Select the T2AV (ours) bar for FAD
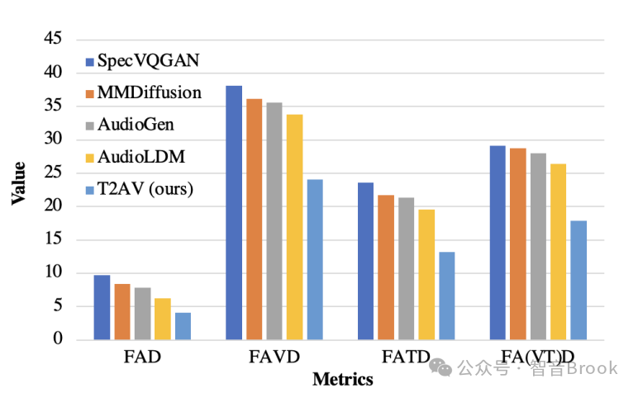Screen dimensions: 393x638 tap(183, 326)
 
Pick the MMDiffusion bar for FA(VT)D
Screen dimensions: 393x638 tap(518, 244)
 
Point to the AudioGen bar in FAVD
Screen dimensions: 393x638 tap(274, 220)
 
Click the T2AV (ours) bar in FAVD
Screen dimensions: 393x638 tap(315, 259)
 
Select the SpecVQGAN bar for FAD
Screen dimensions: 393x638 tap(102, 307)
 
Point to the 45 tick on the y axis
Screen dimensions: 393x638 tap(52, 39)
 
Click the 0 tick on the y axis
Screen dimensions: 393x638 tap(58, 339)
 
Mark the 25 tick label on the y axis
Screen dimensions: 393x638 tap(52, 173)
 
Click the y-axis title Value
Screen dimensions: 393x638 tap(17, 183)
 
